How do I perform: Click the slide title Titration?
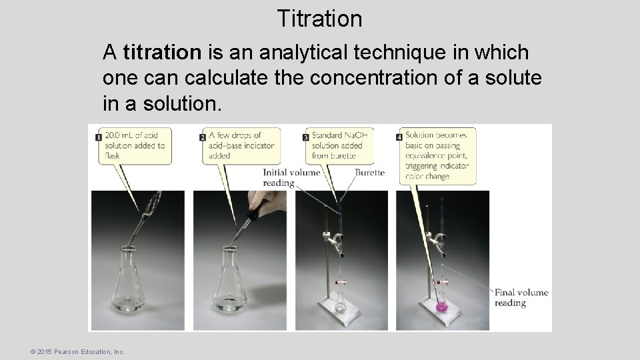pyautogui.click(x=319, y=18)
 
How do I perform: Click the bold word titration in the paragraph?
pyautogui.click(x=162, y=51)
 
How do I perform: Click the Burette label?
pyautogui.click(x=369, y=172)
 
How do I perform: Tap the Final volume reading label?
pyautogui.click(x=521, y=297)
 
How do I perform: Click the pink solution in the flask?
pyautogui.click(x=441, y=308)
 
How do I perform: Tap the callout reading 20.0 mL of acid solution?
pyautogui.click(x=135, y=145)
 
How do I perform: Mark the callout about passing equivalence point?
pyautogui.click(x=437, y=155)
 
